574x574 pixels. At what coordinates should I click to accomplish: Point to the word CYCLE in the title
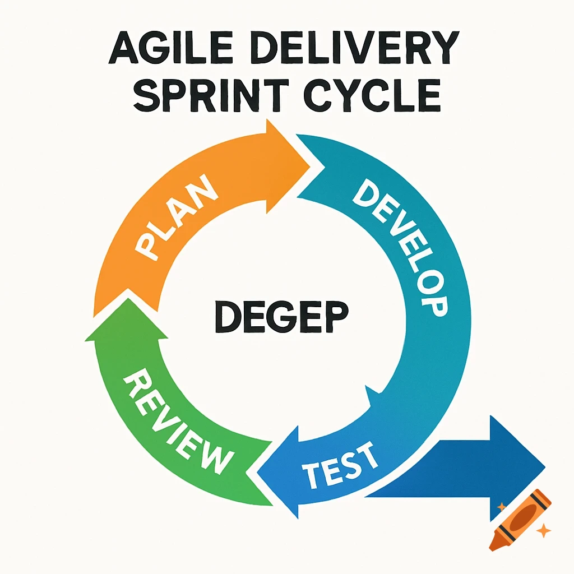pyautogui.click(x=369, y=95)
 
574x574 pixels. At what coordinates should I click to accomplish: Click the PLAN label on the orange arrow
pyautogui.click(x=177, y=219)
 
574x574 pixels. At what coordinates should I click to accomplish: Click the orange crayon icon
pyautogui.click(x=520, y=519)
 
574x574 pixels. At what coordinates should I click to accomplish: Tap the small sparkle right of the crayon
pyautogui.click(x=543, y=530)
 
